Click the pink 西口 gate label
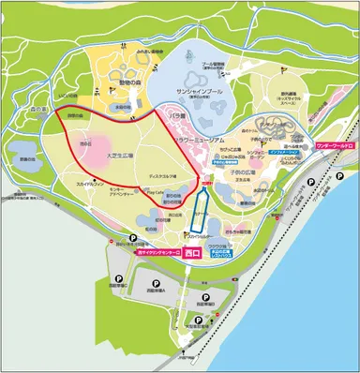point(193,253)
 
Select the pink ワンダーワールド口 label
point(335,146)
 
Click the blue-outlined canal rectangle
point(199,208)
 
